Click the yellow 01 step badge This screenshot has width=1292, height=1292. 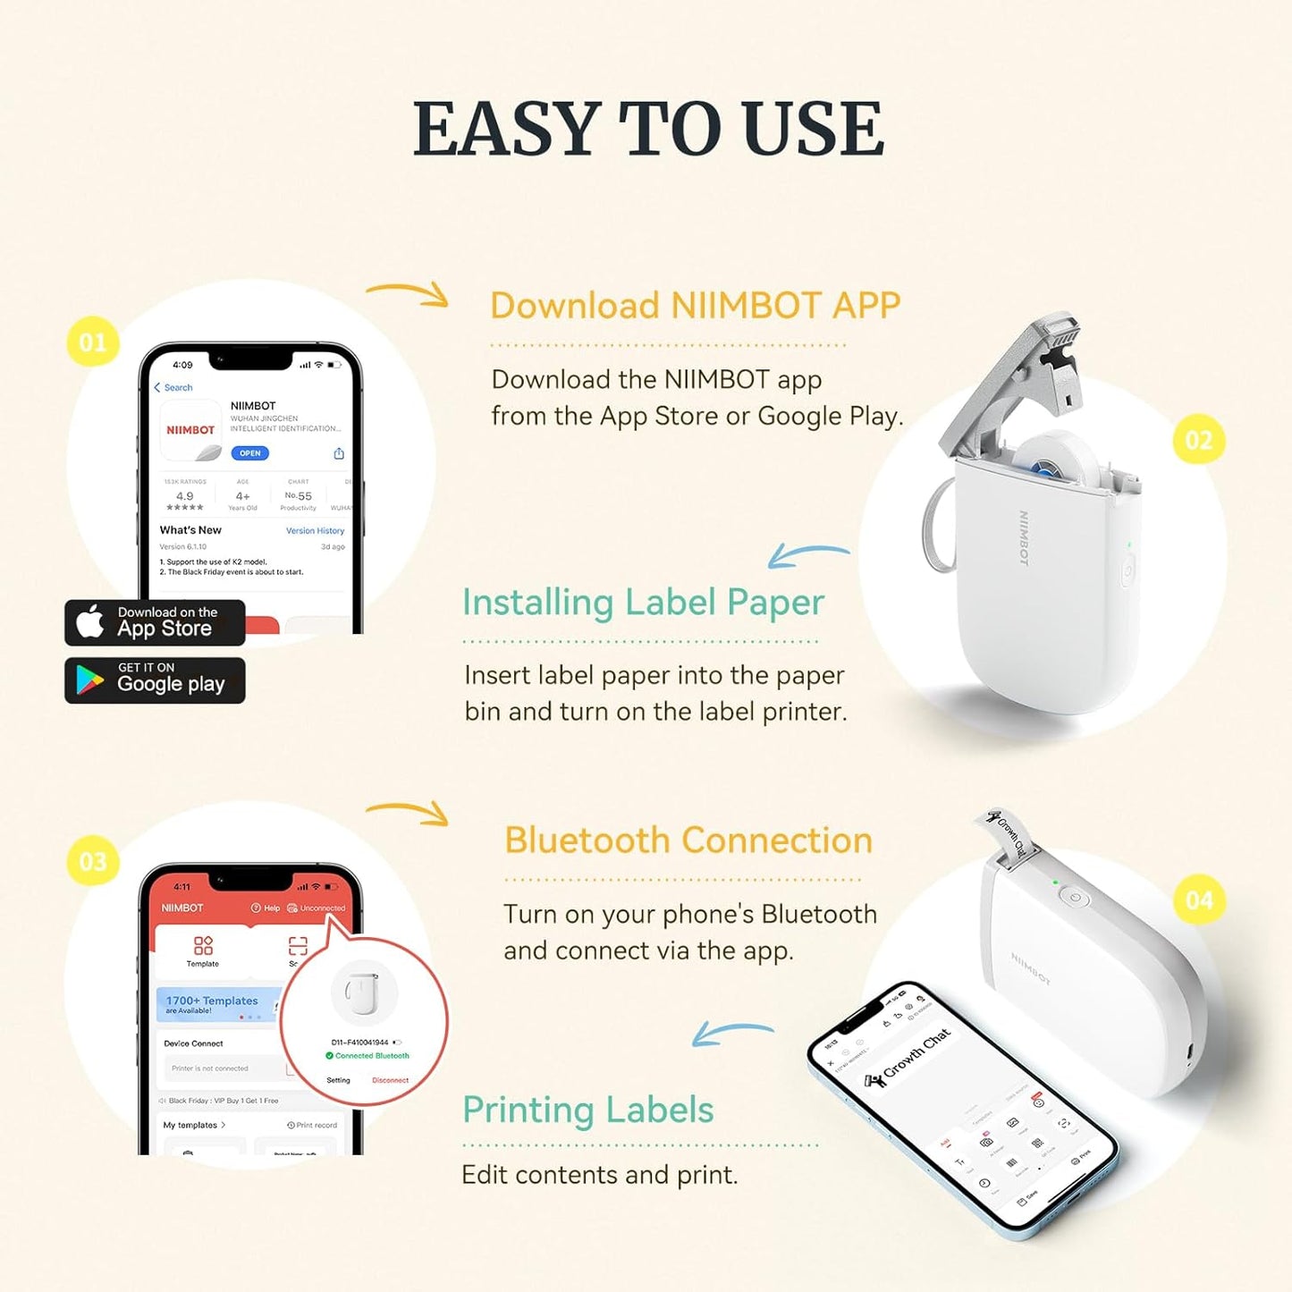click(x=93, y=342)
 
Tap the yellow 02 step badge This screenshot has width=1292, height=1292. click(x=1198, y=440)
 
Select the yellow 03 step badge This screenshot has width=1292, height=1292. click(x=93, y=861)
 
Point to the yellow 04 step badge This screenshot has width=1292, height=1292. click(x=1198, y=899)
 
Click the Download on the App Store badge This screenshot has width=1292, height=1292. click(x=155, y=622)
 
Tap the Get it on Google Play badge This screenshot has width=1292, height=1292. click(x=155, y=680)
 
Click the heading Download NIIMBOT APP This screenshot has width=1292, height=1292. click(x=695, y=306)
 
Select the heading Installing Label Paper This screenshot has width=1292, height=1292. click(x=643, y=603)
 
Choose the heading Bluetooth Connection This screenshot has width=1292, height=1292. click(x=688, y=840)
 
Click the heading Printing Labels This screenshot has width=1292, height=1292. click(x=587, y=1110)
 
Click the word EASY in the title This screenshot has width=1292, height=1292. click(x=505, y=130)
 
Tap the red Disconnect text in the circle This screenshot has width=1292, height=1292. click(x=390, y=1080)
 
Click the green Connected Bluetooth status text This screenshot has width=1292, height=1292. click(x=372, y=1056)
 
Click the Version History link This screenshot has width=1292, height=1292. click(x=315, y=531)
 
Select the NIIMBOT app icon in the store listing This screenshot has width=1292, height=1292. click(x=190, y=430)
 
